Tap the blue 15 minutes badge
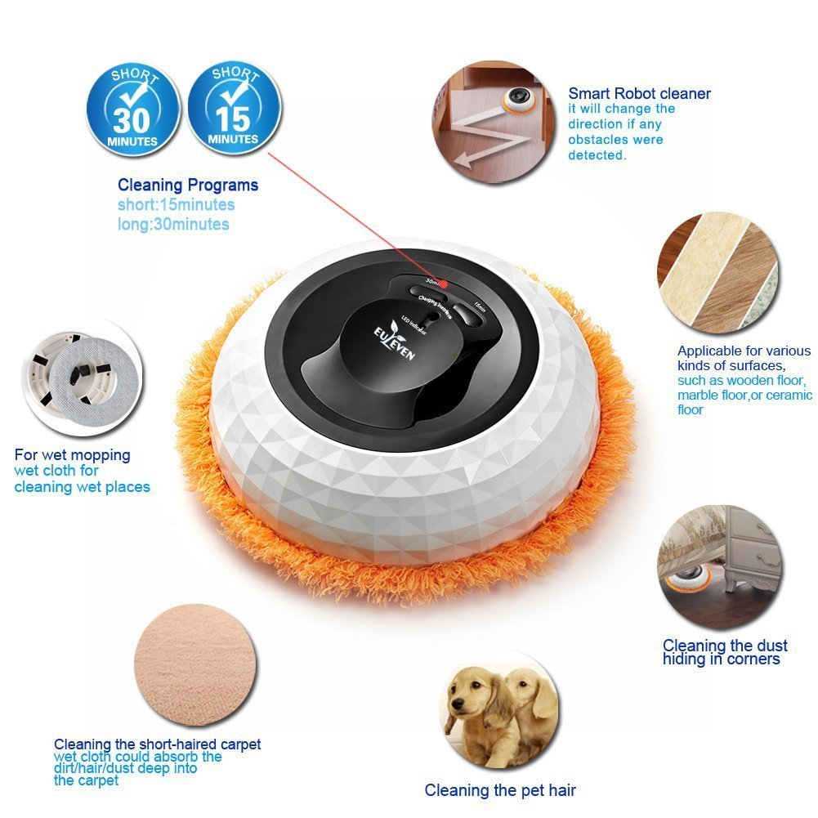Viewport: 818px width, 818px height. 235,109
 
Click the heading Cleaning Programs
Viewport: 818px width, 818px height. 188,185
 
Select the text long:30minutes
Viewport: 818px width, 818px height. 173,224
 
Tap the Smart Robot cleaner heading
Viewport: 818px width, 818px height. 639,93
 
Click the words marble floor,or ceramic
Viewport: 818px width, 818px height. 744,395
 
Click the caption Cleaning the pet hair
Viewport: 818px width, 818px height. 500,790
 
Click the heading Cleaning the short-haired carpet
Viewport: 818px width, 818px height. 158,744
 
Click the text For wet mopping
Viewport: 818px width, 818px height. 72,454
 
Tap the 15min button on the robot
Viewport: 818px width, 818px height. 469,308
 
